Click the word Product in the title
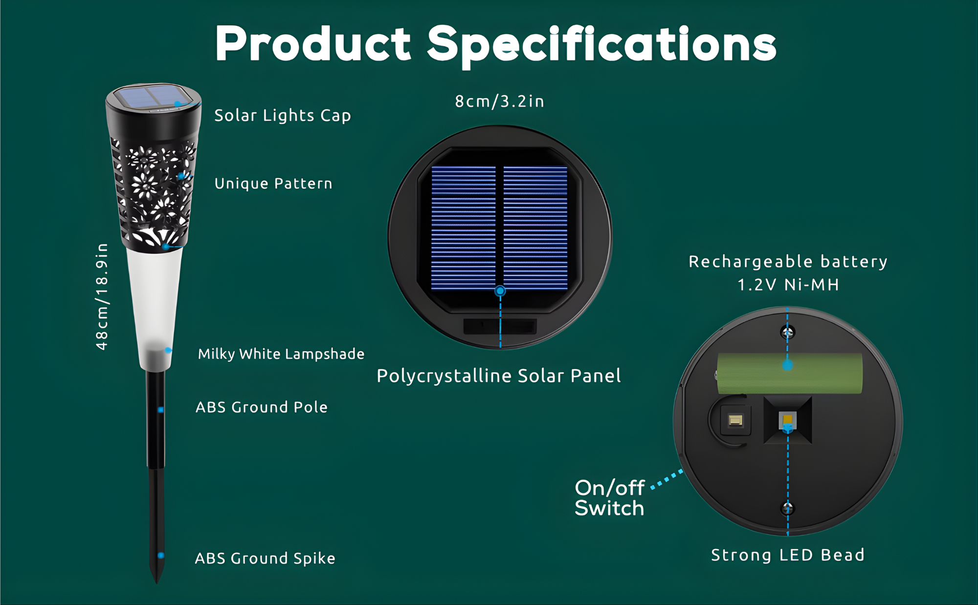[x=313, y=44]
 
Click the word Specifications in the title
[x=602, y=45]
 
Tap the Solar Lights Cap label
[x=283, y=115]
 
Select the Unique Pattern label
[x=273, y=183]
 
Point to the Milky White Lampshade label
[x=281, y=354]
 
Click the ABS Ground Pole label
[x=262, y=407]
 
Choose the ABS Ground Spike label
[x=265, y=558]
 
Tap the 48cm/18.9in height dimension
[x=101, y=296]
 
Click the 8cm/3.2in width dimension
[x=499, y=101]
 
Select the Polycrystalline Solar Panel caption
[x=499, y=376]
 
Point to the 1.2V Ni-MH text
[x=788, y=285]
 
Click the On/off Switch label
[x=610, y=498]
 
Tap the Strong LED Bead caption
[x=788, y=555]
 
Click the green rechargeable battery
[x=789, y=374]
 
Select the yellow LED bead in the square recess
[x=788, y=420]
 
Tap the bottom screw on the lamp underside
[x=787, y=508]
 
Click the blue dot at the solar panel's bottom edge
[x=500, y=291]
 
